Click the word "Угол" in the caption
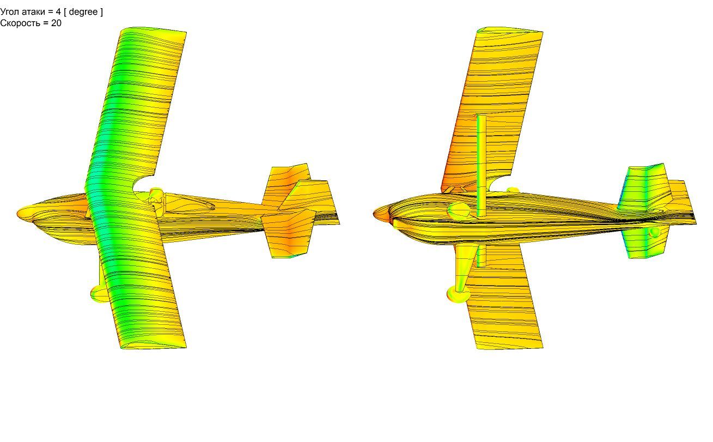tap(9, 12)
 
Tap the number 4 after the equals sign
tap(58, 12)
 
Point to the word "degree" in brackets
tap(83, 12)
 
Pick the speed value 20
tap(56, 23)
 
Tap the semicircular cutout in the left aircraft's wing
tap(142, 184)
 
